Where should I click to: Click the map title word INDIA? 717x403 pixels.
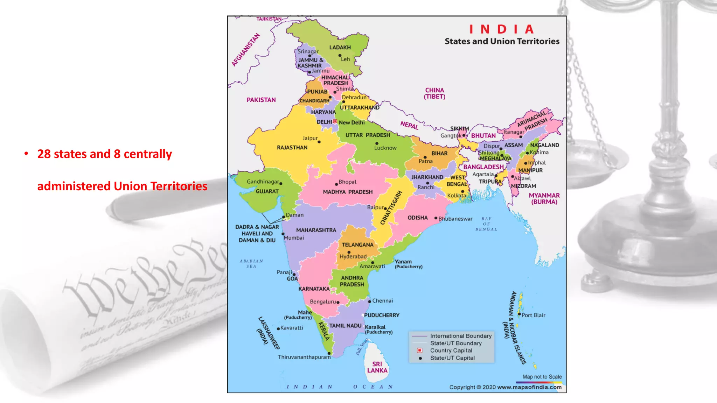(x=501, y=29)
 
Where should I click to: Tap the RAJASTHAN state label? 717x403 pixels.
(x=292, y=148)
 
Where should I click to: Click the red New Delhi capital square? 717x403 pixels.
(x=335, y=121)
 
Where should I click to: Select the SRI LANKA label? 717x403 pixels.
(x=377, y=367)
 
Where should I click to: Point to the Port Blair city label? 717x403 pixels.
(x=533, y=315)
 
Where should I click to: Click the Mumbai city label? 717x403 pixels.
(x=294, y=238)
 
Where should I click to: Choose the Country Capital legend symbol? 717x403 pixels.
(x=419, y=351)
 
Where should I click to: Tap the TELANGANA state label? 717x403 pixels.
(x=357, y=245)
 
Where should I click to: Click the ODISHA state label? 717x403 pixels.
(x=417, y=218)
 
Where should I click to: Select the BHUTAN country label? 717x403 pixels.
(x=483, y=136)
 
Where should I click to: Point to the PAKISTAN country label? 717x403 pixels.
(x=261, y=100)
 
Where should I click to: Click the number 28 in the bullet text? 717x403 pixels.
(x=44, y=154)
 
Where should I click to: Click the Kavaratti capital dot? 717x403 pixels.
(x=278, y=329)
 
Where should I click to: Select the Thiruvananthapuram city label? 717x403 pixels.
(x=304, y=357)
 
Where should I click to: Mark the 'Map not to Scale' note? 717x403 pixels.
(x=542, y=377)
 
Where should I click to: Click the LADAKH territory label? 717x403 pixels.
(x=340, y=48)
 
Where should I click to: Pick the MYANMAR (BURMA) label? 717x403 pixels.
(x=544, y=199)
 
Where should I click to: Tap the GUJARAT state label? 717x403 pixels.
(x=267, y=191)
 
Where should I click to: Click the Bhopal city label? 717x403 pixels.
(x=347, y=182)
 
